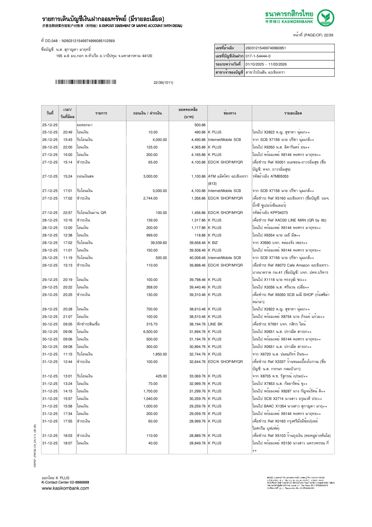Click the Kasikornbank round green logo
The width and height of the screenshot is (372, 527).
point(325,18)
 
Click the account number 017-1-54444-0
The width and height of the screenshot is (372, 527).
point(258,56)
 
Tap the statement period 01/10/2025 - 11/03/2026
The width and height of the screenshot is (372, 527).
point(266,64)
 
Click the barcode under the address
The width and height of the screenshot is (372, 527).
point(86,82)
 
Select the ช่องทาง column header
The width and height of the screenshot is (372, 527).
point(229,113)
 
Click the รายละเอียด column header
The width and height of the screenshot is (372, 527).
point(293,113)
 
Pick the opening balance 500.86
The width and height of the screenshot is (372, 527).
point(200,125)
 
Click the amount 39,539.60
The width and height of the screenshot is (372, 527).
point(159,243)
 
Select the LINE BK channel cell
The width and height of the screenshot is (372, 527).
point(215,324)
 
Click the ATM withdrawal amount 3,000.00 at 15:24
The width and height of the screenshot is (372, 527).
point(150,176)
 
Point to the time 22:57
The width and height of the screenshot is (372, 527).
point(68,213)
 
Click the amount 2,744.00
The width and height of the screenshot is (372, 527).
point(150,198)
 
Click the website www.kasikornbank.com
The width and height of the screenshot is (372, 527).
point(65,488)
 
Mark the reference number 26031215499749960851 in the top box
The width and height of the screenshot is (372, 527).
point(265,48)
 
